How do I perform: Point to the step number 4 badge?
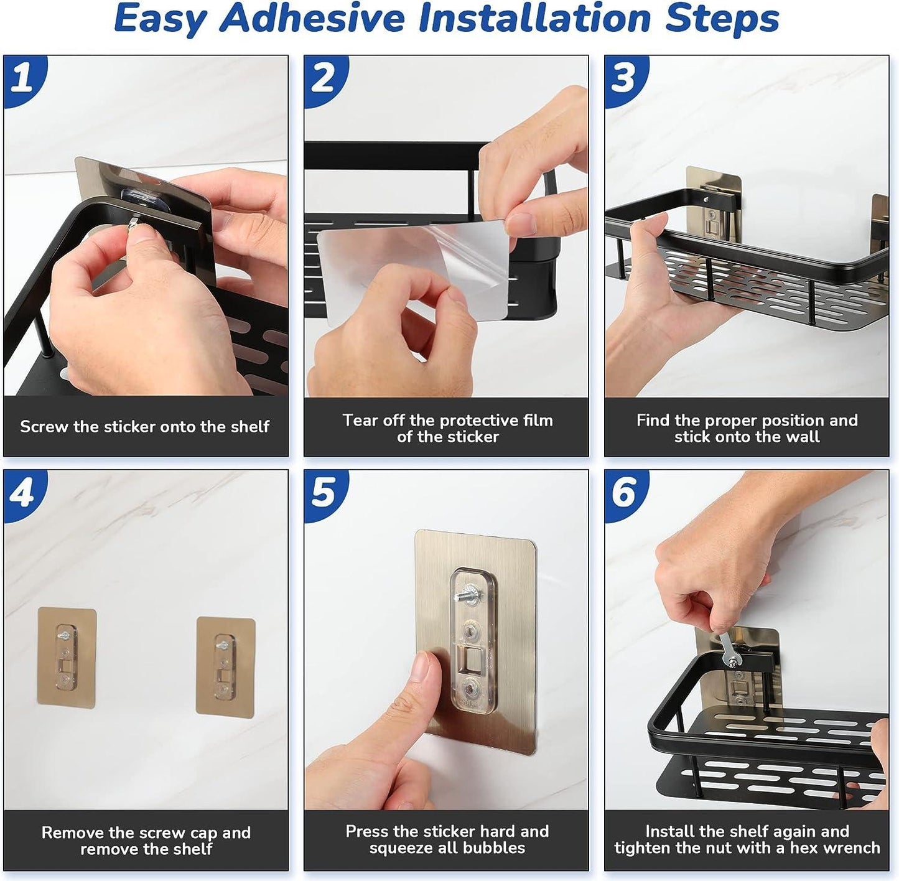click(22, 493)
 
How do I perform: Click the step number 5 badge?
click(324, 493)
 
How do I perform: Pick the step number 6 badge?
click(624, 493)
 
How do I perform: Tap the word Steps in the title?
click(722, 18)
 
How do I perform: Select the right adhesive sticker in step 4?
click(226, 666)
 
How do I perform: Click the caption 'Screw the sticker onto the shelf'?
click(144, 427)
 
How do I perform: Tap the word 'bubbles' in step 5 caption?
click(495, 847)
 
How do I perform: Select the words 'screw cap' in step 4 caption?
click(180, 832)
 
